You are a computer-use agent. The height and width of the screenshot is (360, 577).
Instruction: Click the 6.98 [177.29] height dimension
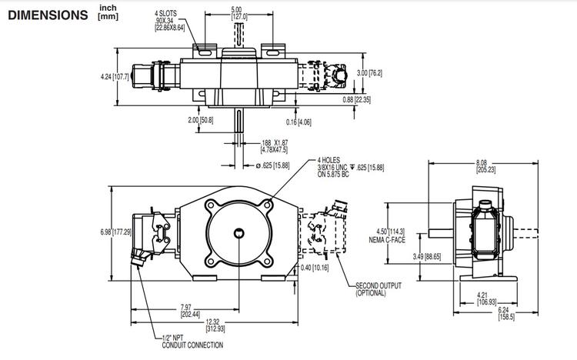pos(117,231)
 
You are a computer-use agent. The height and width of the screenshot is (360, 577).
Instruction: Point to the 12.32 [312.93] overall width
pos(222,325)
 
